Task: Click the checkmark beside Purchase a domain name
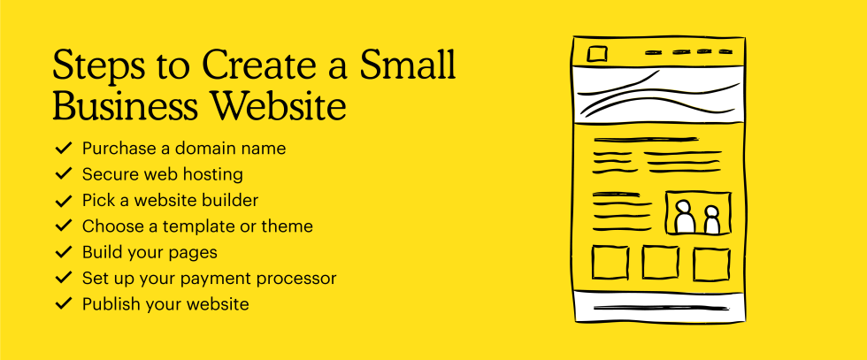tap(64, 148)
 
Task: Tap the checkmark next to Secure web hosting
tap(64, 173)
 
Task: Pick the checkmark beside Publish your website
tap(64, 303)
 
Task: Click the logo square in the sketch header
tap(597, 54)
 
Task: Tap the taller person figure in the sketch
tap(685, 218)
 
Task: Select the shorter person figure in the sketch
tap(711, 220)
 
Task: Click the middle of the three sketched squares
tap(660, 263)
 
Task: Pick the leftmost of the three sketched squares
tap(610, 264)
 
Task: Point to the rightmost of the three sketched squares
tap(711, 264)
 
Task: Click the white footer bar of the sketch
tap(660, 307)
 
